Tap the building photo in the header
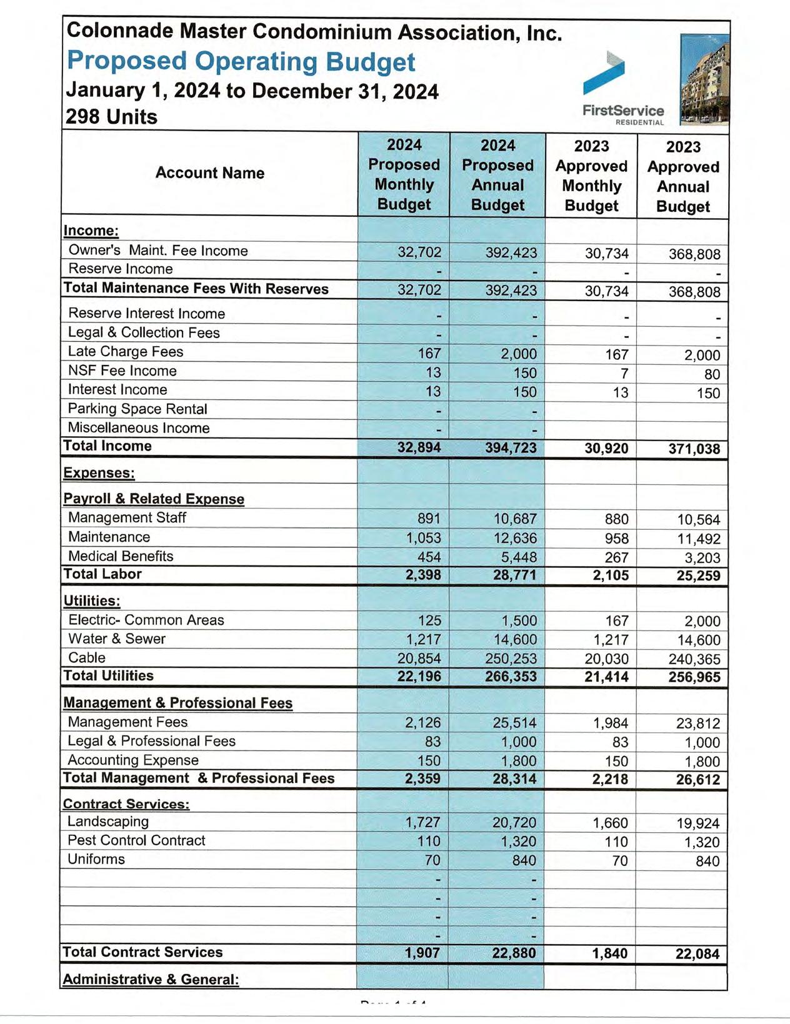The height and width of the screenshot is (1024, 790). point(704,79)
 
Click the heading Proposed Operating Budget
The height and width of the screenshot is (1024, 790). point(241,61)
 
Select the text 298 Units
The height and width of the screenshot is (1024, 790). point(111,117)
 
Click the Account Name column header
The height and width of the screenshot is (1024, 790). point(210,173)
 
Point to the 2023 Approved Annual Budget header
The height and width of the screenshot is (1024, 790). point(683,177)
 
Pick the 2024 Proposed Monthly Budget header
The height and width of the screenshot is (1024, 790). point(404,174)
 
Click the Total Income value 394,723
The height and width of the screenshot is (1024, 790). point(511,447)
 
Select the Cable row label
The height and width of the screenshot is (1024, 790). point(87,658)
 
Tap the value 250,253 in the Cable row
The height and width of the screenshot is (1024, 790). point(511,659)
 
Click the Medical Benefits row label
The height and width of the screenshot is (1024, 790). point(121,556)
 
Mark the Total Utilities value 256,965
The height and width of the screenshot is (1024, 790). point(694,677)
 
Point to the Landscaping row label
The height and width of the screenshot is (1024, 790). point(108,822)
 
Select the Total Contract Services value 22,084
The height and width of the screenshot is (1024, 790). point(697,954)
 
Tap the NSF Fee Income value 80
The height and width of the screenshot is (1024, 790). point(712,375)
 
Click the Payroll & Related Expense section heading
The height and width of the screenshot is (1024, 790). point(154,499)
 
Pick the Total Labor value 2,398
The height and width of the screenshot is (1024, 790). point(423,575)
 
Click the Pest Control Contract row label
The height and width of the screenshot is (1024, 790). point(136,840)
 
